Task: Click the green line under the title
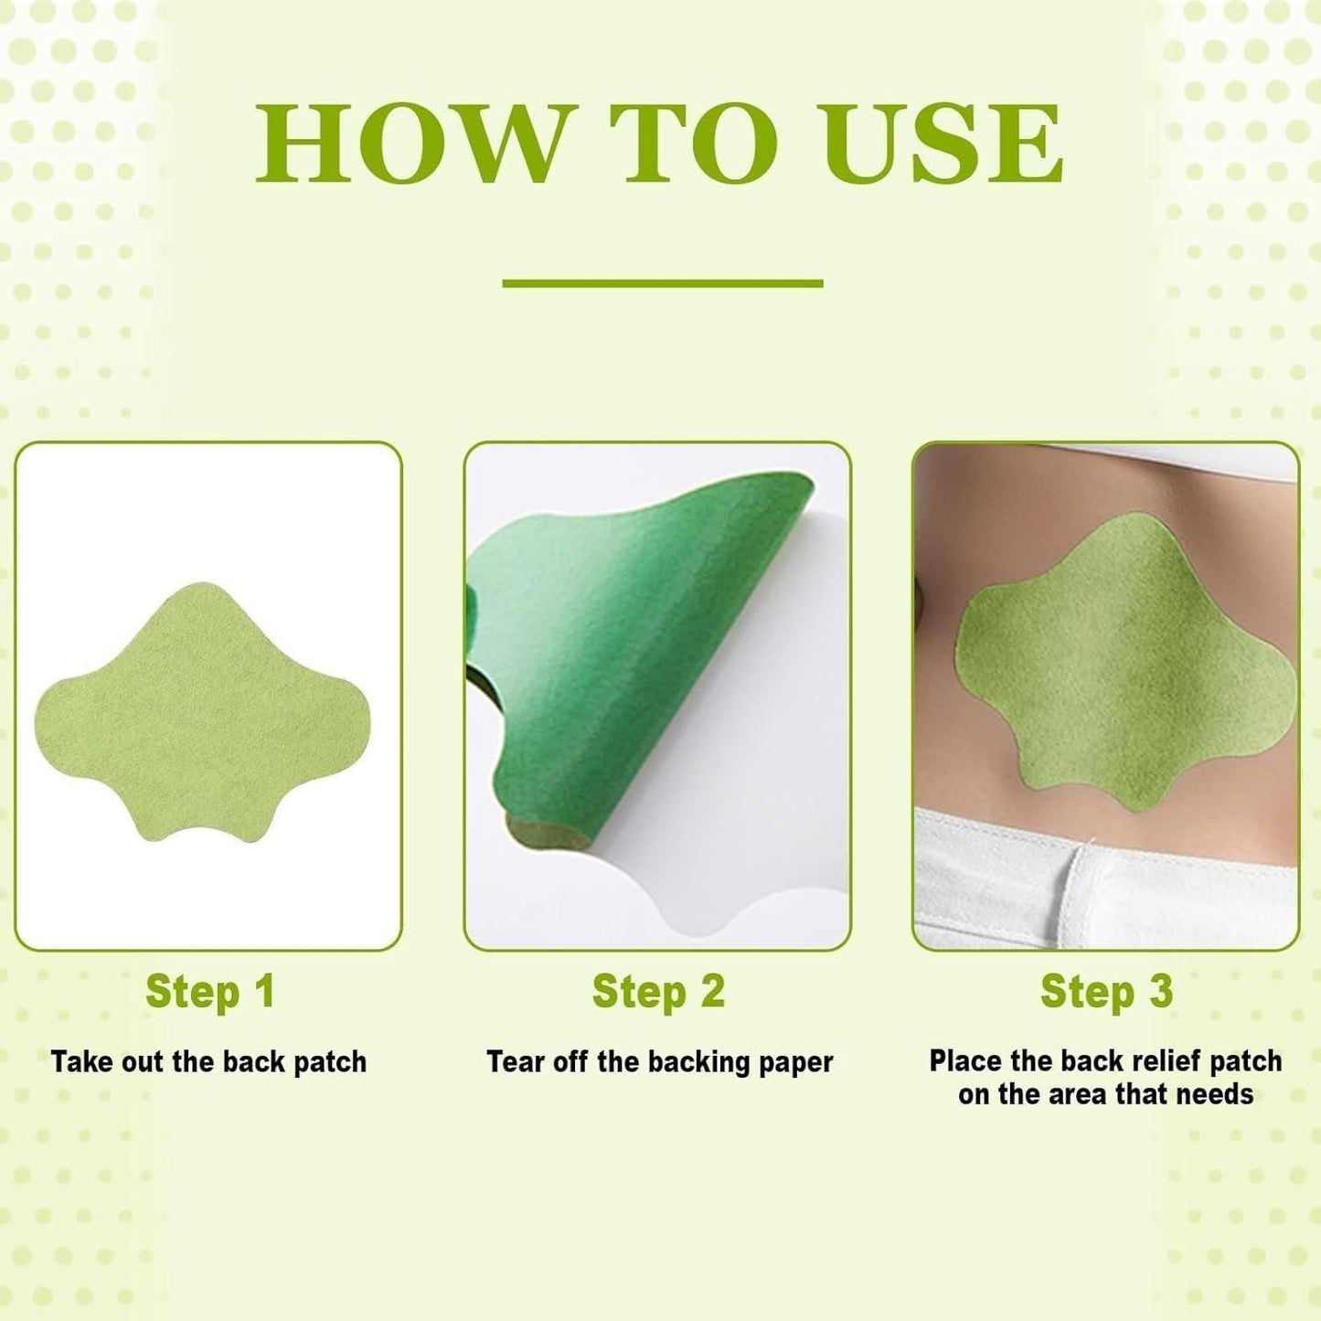(x=662, y=283)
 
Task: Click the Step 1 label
(x=209, y=992)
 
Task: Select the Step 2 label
(x=658, y=992)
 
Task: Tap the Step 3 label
(x=1106, y=992)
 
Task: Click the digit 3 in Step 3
(x=1160, y=992)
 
